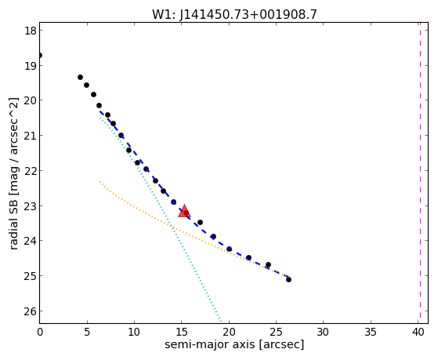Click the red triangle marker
coord(184,211)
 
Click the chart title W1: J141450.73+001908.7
coord(234,14)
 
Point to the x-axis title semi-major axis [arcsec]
coord(234,344)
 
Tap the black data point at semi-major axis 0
coord(40,55)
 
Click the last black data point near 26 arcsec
coord(288,279)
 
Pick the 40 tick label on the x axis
coord(418,333)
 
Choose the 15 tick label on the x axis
coord(181,333)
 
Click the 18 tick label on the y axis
coord(31,31)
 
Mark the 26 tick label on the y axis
coord(31,311)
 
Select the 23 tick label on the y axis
coord(31,205)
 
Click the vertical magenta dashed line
coord(420,173)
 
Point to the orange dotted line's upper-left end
coord(100,182)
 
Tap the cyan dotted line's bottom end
coord(221,322)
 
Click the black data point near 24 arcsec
coord(268,264)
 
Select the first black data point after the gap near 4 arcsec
coord(80,77)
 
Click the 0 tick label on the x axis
coord(40,333)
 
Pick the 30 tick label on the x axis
coord(323,333)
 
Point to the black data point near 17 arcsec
coord(200,223)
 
